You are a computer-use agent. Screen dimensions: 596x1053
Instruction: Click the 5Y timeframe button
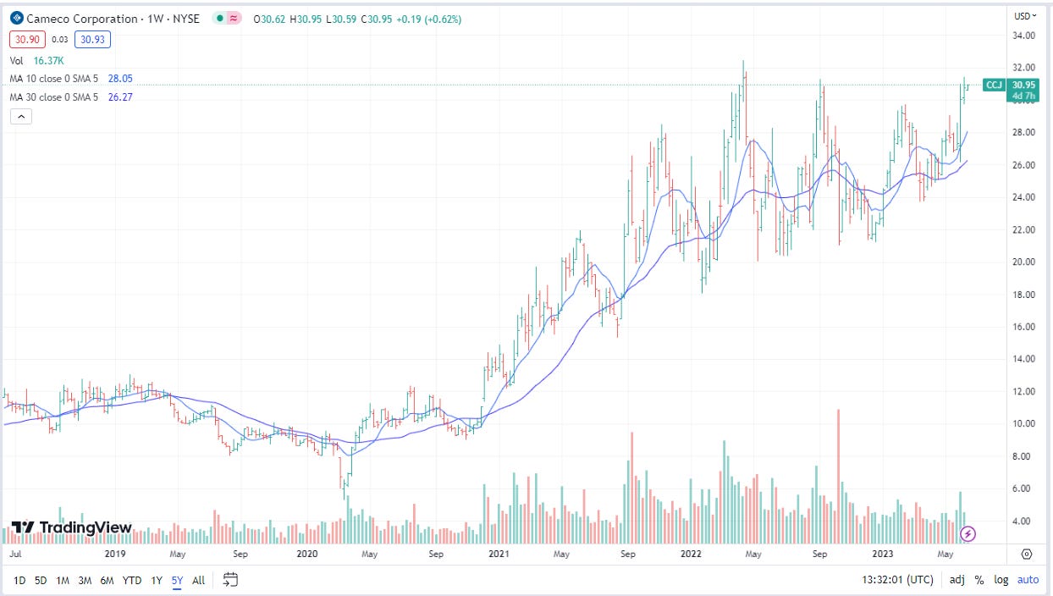(178, 580)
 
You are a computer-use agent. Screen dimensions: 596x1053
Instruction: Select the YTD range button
(132, 580)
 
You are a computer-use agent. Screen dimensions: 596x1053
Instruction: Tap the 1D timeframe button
(19, 580)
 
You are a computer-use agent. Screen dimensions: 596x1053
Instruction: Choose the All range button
(198, 580)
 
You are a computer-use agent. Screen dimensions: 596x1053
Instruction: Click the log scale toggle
(1001, 580)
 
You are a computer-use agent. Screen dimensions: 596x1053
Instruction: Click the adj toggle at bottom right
(957, 580)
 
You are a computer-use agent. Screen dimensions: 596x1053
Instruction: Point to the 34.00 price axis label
(1025, 36)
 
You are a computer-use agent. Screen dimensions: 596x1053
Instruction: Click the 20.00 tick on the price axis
(1025, 262)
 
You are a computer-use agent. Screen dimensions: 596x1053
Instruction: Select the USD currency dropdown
(1025, 15)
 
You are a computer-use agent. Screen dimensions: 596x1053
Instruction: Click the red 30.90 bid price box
(24, 39)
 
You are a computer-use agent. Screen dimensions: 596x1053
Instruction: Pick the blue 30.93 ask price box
(92, 39)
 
